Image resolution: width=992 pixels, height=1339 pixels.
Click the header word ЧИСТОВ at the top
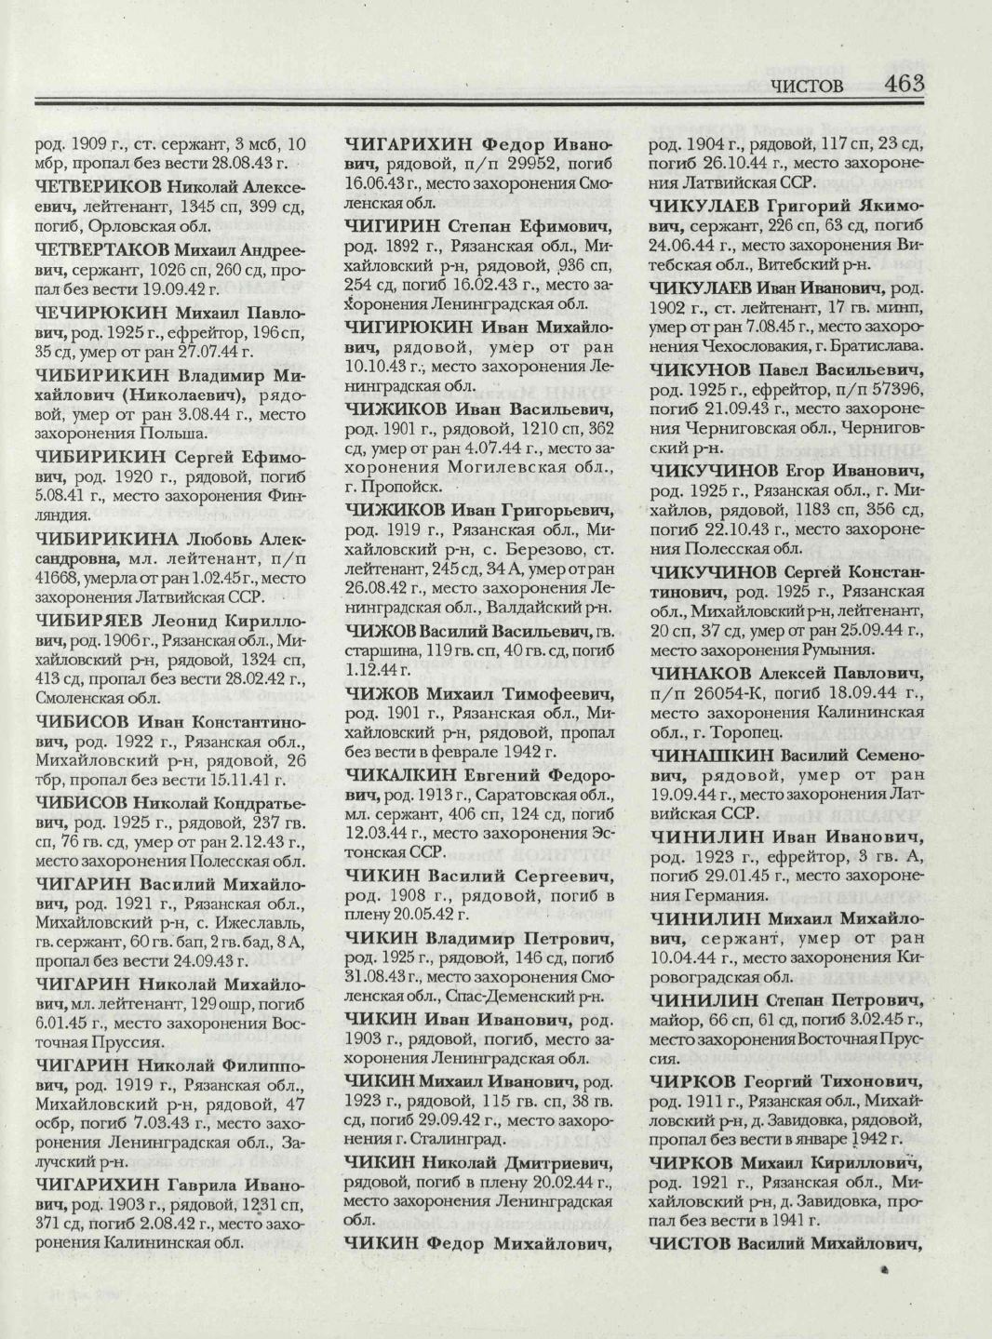(807, 87)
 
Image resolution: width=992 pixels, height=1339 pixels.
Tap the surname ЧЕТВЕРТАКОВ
(102, 248)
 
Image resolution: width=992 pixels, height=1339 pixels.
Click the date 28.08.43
(232, 162)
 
